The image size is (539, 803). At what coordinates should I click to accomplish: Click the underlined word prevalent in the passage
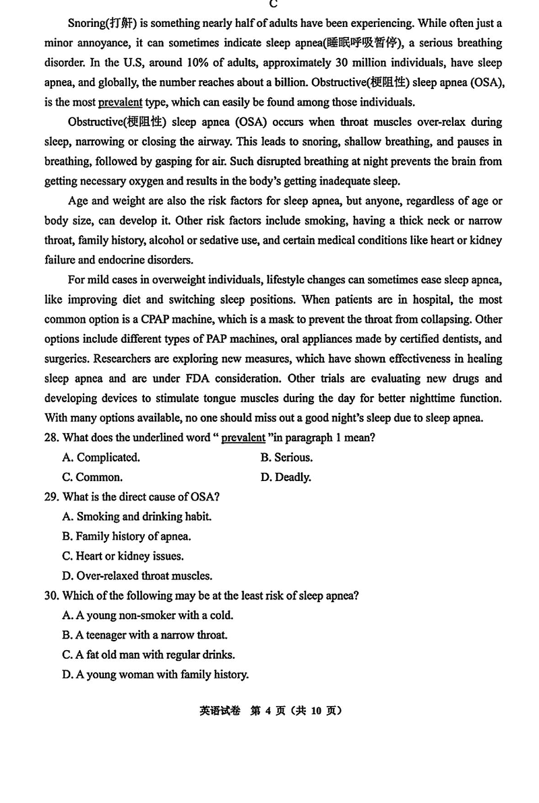tap(121, 102)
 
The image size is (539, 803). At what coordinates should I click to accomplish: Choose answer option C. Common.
tap(92, 478)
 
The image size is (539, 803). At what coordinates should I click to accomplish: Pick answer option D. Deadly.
tap(286, 478)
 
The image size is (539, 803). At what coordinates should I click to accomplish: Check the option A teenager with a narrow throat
tap(145, 635)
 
